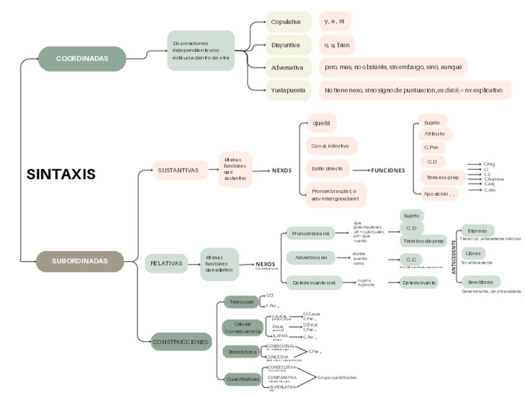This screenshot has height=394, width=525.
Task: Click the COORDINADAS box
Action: point(82,58)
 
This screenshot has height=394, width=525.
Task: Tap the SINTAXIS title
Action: point(61,174)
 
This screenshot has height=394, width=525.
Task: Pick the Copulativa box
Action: point(288,22)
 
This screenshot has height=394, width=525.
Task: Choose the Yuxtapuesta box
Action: point(288,90)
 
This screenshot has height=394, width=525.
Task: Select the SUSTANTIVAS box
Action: point(178,170)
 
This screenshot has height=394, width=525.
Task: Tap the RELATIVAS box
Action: point(167,263)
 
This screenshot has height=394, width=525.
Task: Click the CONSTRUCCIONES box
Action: point(181,342)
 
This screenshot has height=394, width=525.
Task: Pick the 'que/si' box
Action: point(321,123)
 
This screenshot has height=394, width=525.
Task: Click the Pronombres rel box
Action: point(310,234)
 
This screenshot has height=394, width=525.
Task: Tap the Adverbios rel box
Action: point(310,257)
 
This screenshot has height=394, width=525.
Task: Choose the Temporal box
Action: point(241,302)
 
